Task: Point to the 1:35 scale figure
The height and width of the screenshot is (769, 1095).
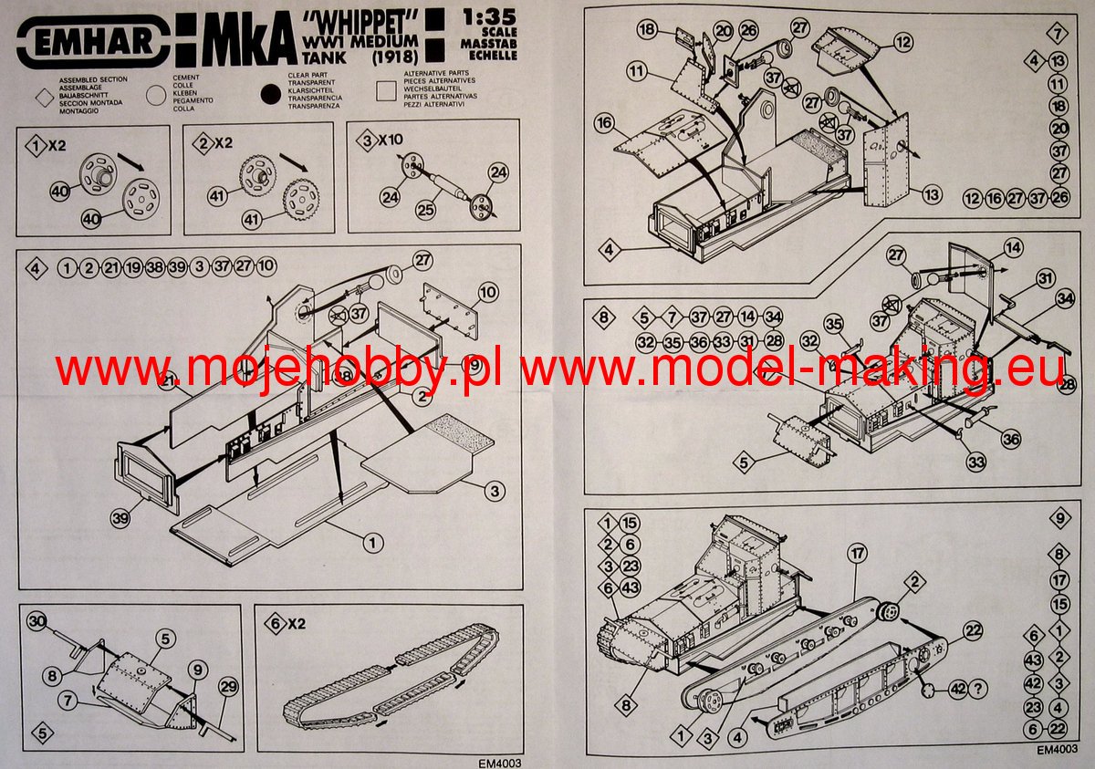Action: pos(489,16)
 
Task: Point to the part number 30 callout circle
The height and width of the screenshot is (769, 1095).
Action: pos(36,621)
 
